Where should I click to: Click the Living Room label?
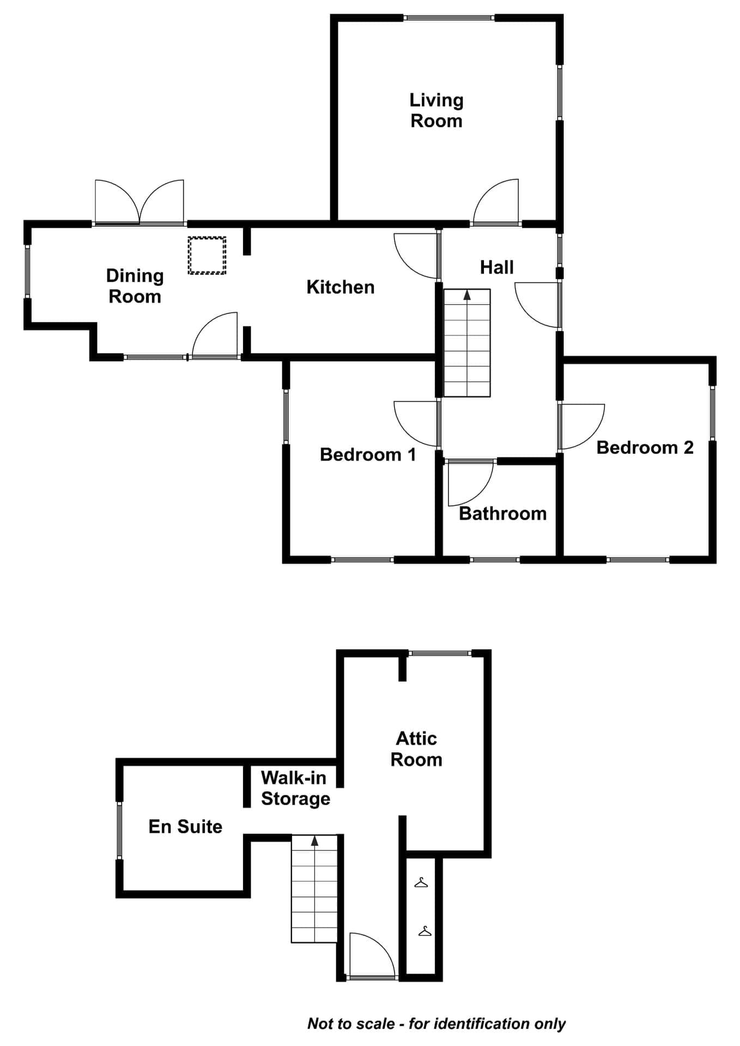click(x=436, y=110)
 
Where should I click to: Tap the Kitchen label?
click(x=341, y=287)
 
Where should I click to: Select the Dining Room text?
click(x=135, y=286)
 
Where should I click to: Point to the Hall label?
click(x=496, y=267)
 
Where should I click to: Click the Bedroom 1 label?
click(x=368, y=454)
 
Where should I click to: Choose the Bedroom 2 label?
click(x=645, y=447)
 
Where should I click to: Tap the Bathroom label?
click(x=502, y=513)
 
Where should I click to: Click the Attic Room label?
click(x=416, y=749)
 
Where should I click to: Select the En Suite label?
click(x=185, y=826)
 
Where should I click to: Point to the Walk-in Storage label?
click(x=295, y=788)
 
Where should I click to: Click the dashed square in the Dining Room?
click(x=207, y=255)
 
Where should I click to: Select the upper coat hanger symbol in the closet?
click(x=421, y=881)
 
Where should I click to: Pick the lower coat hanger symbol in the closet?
click(x=425, y=931)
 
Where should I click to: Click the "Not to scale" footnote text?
click(x=436, y=1024)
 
